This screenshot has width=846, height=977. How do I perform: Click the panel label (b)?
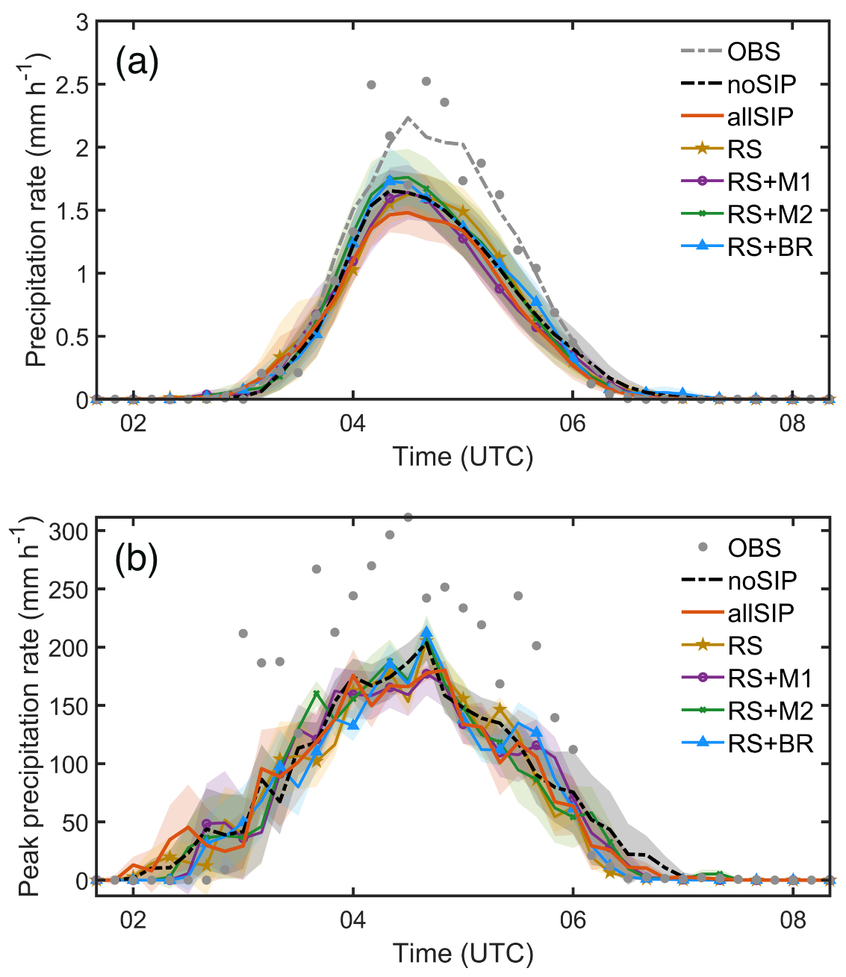click(137, 559)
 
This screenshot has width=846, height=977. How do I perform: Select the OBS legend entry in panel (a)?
click(753, 51)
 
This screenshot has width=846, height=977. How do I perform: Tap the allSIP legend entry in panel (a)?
click(760, 116)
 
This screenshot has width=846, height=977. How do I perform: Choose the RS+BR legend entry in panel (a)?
click(769, 246)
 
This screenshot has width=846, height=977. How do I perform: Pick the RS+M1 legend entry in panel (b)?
click(770, 678)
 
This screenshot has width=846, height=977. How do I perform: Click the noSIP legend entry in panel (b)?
click(762, 580)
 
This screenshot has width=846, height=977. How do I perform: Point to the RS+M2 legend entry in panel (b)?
click(770, 711)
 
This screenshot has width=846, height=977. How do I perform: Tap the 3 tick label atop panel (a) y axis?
click(81, 22)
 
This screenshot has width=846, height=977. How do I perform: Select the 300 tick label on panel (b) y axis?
click(69, 531)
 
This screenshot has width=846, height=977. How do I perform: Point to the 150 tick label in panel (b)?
click(69, 706)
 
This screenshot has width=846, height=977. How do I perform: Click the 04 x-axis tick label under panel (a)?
click(352, 424)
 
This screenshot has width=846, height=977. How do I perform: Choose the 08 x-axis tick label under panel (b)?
click(792, 920)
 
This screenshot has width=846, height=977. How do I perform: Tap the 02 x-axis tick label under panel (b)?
click(133, 920)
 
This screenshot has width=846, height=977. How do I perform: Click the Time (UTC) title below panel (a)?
click(463, 456)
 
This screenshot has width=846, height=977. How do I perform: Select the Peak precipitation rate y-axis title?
click(28, 710)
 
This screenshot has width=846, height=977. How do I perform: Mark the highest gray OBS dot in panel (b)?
click(408, 517)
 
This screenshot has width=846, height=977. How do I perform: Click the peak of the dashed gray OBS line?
click(408, 118)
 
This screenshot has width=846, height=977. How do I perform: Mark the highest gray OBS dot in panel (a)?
click(426, 81)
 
